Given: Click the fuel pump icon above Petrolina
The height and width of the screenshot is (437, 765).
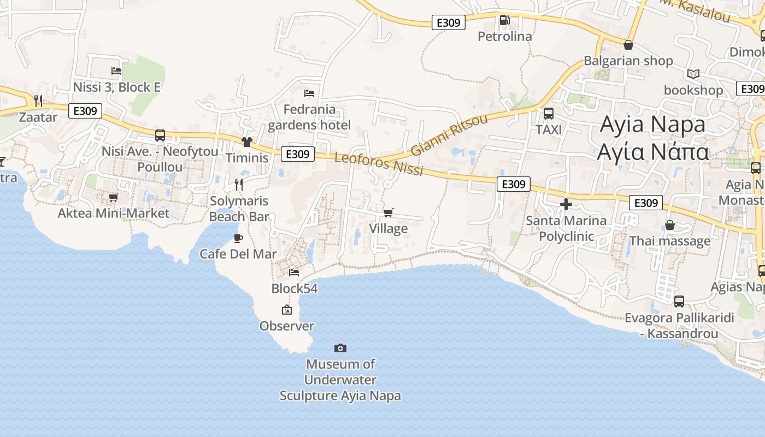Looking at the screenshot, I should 504,21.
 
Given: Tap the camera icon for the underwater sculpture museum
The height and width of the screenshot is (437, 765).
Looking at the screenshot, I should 340,348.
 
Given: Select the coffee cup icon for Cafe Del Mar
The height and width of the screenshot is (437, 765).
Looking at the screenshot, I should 238,238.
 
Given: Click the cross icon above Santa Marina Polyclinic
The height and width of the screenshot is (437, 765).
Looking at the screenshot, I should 566,205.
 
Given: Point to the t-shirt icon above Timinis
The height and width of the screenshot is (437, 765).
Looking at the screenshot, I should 247,142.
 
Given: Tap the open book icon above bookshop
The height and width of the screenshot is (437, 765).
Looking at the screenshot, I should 693,74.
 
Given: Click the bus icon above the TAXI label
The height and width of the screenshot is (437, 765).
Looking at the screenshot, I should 549,114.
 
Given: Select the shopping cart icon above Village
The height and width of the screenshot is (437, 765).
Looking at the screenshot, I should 388,212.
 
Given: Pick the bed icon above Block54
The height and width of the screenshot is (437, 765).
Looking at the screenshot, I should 294,272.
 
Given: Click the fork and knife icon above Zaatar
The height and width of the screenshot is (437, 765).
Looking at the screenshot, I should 38,101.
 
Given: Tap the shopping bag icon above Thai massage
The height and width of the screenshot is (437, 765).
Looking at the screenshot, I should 670,225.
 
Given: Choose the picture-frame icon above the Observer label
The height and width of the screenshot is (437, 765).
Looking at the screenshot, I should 286,310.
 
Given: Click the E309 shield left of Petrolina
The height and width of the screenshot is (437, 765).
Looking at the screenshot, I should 448,22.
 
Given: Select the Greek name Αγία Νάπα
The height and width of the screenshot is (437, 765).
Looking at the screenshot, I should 653,151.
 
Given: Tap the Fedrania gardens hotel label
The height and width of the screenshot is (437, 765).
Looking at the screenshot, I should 309,117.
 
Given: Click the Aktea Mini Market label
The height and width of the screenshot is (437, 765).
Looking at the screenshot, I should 114,213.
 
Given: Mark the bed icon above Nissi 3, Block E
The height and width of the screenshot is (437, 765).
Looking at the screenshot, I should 116,70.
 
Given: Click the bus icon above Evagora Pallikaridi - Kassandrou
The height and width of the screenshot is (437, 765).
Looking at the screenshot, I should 679,301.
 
